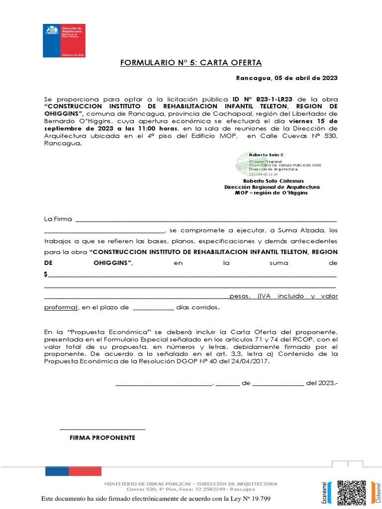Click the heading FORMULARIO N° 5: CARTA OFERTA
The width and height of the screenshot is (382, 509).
191,63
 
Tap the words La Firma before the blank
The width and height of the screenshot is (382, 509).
58,219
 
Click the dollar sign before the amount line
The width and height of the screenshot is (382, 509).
46,274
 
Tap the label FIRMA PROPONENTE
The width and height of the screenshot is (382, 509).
102,438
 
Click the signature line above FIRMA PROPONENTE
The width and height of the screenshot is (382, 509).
102,428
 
